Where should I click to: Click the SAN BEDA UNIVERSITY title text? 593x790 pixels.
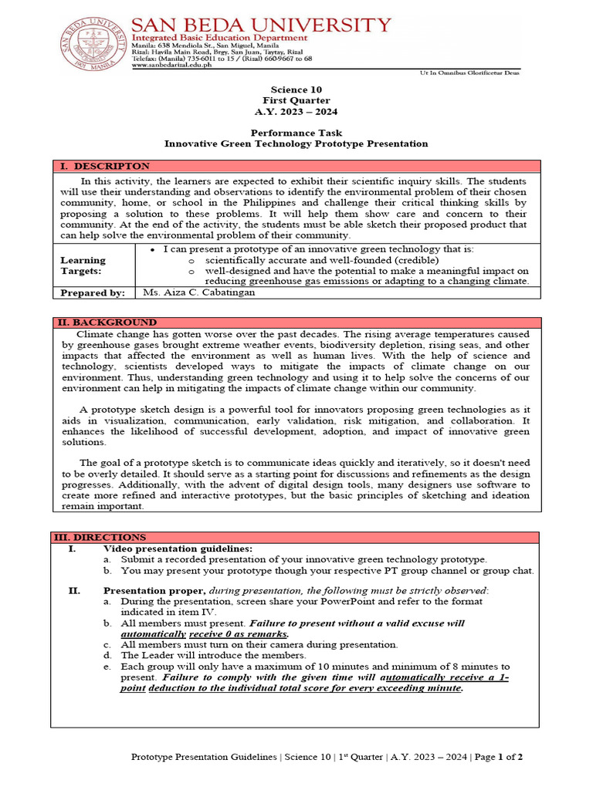point(261,25)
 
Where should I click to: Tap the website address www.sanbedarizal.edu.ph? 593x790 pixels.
point(175,66)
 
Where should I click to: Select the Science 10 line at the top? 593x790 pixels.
point(296,89)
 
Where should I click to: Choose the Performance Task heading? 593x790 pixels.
point(296,133)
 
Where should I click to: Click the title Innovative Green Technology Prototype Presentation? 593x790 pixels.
point(296,143)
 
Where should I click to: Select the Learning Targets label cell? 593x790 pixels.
point(83,266)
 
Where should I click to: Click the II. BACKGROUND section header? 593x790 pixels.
point(107,322)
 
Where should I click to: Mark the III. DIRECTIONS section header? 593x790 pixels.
point(100,537)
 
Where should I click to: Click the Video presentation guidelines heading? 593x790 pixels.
point(178,549)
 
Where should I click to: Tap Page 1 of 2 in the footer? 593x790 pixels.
point(500,757)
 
